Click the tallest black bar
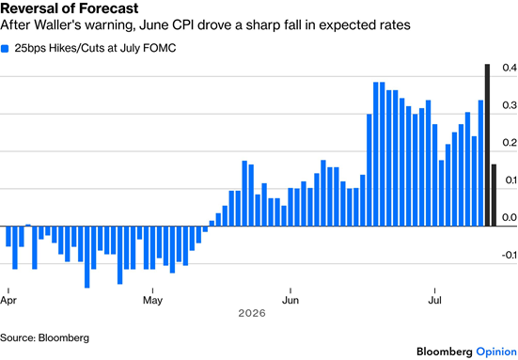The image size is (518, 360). [x=487, y=145]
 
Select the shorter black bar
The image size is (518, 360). [x=494, y=196]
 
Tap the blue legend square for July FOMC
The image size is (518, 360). [x=5, y=49]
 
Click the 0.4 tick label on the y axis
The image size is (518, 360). [x=510, y=68]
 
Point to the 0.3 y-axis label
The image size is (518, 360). [x=510, y=105]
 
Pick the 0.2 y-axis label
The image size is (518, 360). [x=510, y=143]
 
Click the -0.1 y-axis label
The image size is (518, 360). [x=509, y=255]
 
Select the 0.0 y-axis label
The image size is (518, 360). [x=510, y=217]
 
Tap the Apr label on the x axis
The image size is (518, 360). [x=8, y=301]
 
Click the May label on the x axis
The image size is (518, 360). [x=152, y=301]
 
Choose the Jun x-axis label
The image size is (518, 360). [x=290, y=301]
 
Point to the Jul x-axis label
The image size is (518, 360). [x=434, y=301]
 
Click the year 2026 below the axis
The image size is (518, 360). [x=252, y=313]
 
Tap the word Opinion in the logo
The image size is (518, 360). [x=496, y=352]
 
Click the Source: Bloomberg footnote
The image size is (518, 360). [x=44, y=337]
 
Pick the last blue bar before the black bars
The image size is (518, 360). [x=480, y=164]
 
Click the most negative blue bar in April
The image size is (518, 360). [x=87, y=257]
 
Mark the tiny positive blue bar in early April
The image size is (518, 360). [x=28, y=226]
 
